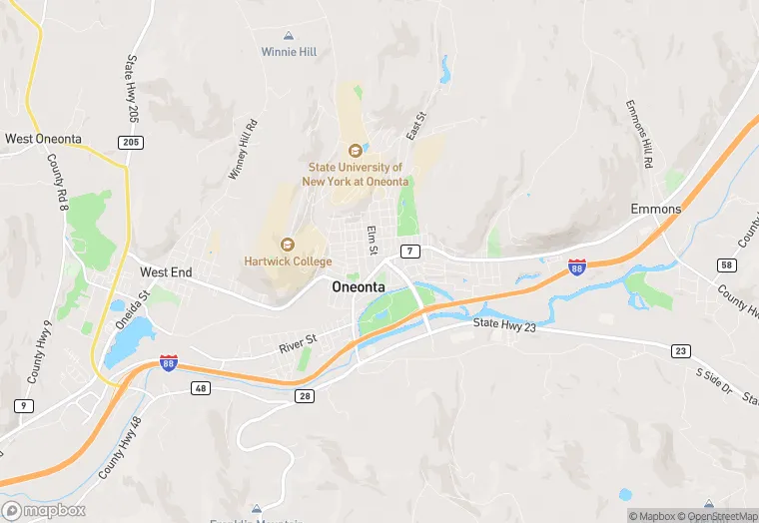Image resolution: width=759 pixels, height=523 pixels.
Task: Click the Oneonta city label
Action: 358,286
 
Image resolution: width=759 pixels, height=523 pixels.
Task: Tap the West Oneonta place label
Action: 44,139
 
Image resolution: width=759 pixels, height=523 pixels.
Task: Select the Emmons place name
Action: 655,210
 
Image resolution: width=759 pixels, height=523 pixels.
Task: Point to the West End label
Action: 166,271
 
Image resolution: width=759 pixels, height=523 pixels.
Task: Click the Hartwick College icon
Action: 288,245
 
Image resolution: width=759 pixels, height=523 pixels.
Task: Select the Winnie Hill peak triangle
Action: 289,36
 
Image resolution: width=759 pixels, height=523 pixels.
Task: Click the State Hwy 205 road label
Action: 131,89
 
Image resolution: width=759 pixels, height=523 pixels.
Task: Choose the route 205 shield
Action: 131,143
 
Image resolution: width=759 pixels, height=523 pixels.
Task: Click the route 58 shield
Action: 727,264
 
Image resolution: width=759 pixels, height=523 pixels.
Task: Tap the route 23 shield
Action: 680,350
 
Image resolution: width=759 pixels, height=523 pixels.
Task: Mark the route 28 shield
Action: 305,396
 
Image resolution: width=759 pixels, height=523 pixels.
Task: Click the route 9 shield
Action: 22,406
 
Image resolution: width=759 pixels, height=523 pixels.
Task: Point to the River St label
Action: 298,342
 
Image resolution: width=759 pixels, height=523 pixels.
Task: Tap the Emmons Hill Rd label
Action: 639,134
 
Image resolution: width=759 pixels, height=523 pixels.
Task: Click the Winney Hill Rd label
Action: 243,150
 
